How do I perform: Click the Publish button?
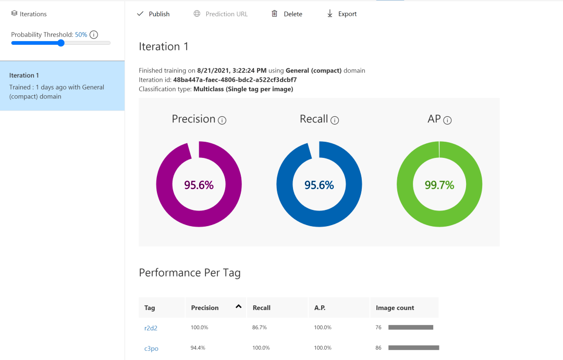pyautogui.click(x=153, y=14)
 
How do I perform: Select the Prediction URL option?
pyautogui.click(x=221, y=14)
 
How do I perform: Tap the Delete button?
pyautogui.click(x=287, y=14)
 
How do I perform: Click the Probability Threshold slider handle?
pyautogui.click(x=61, y=43)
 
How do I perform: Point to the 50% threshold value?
pyautogui.click(x=81, y=35)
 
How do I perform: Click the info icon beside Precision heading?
pyautogui.click(x=222, y=120)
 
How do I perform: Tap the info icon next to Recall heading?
pyautogui.click(x=335, y=120)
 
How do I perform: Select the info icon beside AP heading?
pyautogui.click(x=447, y=120)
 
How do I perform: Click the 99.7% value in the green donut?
pyautogui.click(x=439, y=185)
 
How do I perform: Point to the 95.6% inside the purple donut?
pyautogui.click(x=199, y=185)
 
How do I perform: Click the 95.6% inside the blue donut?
pyautogui.click(x=319, y=185)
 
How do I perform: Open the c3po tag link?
pyautogui.click(x=151, y=348)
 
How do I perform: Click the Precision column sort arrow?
pyautogui.click(x=239, y=307)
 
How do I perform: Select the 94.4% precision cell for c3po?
pyautogui.click(x=199, y=347)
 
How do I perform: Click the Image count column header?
pyautogui.click(x=395, y=308)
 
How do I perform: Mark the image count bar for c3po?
pyautogui.click(x=414, y=347)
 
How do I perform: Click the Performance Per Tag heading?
pyautogui.click(x=190, y=273)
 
